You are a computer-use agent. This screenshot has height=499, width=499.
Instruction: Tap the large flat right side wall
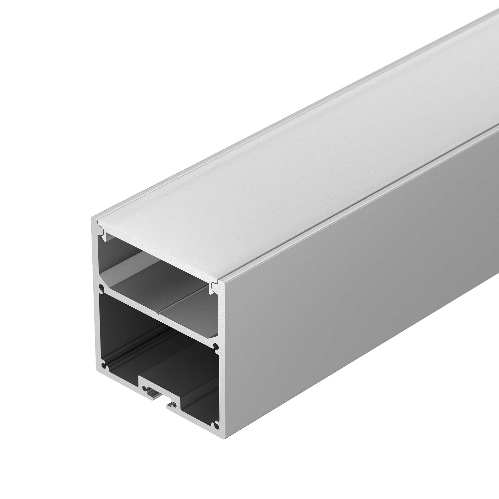coord(362,284)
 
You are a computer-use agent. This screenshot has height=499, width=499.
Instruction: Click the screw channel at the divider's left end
coord(102,288)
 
